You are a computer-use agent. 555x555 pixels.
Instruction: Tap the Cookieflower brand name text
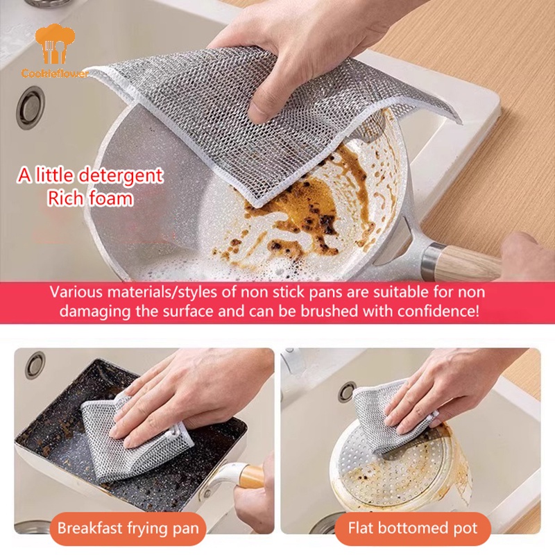pos(54,73)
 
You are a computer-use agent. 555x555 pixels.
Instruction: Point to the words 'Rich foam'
pos(90,199)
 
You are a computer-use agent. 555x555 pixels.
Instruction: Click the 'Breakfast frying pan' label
pos(128,529)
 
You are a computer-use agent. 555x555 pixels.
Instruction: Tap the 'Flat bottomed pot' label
pos(412,529)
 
